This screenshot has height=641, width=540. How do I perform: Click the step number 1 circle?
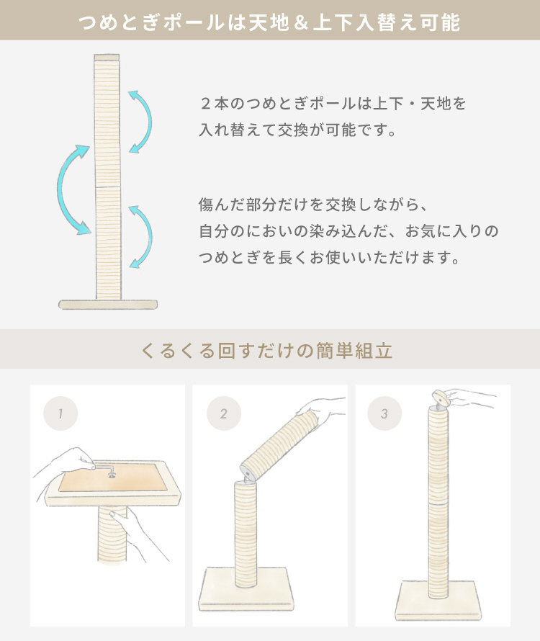point(60,413)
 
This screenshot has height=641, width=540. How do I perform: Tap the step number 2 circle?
point(224,413)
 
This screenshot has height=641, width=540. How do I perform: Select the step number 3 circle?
point(384,413)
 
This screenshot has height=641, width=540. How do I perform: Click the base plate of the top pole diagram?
point(108,305)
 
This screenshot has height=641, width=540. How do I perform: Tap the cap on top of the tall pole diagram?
point(107,57)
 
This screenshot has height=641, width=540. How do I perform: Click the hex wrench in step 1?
point(105,468)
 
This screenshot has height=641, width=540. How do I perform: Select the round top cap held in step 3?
point(440,398)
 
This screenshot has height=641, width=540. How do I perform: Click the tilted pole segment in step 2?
point(280,446)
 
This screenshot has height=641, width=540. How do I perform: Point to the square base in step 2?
point(247,588)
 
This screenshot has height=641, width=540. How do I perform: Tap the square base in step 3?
point(438,600)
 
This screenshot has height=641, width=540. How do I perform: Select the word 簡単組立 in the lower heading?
point(355,351)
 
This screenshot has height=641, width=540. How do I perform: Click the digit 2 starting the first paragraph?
point(206,104)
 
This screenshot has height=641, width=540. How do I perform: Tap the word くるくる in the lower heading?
point(178,351)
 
